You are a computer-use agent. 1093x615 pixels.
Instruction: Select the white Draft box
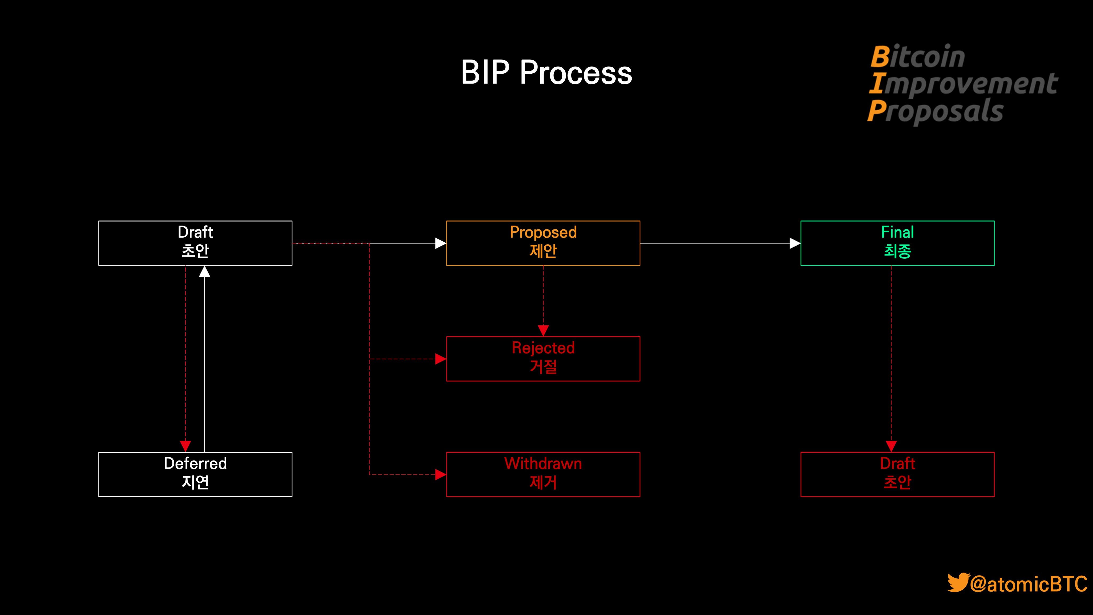tap(195, 243)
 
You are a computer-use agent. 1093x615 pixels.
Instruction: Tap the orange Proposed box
tap(543, 243)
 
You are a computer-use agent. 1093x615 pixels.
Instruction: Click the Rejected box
tap(543, 359)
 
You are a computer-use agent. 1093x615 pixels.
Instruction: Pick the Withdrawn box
tap(543, 474)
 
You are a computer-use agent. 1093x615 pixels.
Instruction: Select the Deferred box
tap(195, 474)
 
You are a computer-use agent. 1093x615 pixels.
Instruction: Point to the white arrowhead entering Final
tap(794, 243)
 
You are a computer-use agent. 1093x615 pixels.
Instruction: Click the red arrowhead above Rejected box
tap(543, 330)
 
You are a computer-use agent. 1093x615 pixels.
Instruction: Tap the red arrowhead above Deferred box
tap(185, 446)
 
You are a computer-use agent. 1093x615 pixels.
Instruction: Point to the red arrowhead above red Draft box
tap(891, 446)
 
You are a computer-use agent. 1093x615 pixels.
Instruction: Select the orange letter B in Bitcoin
tap(880, 56)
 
